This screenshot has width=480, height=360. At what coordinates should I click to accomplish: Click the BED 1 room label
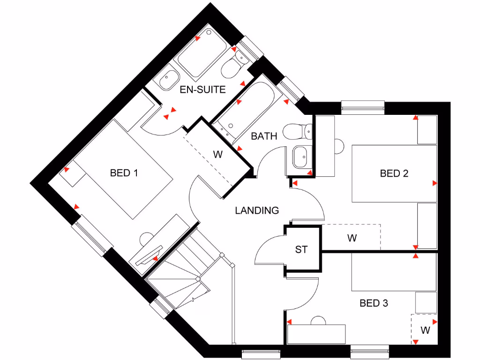tap(124, 173)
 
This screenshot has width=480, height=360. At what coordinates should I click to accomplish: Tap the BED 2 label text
tap(394, 173)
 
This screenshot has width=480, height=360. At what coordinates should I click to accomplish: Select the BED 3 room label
tap(374, 303)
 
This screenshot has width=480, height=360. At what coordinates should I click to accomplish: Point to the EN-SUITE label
tap(202, 90)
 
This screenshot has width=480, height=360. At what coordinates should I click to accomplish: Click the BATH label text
tap(264, 136)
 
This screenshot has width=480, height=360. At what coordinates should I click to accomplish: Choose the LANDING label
tap(257, 210)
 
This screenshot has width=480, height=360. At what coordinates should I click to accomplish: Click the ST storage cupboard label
tap(301, 249)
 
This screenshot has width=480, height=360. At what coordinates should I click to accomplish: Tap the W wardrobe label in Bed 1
tap(217, 155)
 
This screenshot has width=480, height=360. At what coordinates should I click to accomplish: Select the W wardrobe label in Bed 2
tap(352, 238)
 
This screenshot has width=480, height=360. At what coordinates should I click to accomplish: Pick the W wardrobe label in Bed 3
tap(425, 330)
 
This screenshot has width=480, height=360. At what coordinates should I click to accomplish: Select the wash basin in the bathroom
tap(300, 157)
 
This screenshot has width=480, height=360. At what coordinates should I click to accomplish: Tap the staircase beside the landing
tap(187, 272)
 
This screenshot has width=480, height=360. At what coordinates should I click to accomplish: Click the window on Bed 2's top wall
tap(363, 106)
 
